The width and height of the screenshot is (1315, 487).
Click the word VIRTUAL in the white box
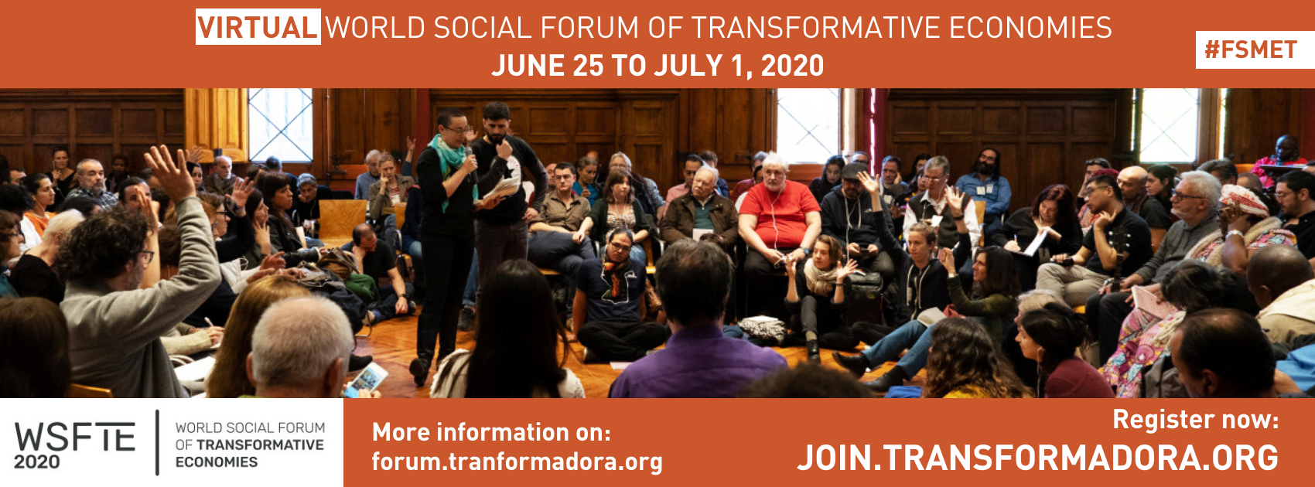[x=258, y=27]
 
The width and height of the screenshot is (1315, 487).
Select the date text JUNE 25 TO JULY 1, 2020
[x=657, y=65]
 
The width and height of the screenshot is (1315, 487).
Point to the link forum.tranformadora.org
[x=517, y=461]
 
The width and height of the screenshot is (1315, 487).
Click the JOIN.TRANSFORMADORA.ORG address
[x=1037, y=458]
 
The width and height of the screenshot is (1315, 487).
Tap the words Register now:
[x=1195, y=420]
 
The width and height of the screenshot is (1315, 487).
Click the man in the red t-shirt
[x=778, y=223]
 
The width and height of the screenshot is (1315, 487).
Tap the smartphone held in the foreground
[x=367, y=380]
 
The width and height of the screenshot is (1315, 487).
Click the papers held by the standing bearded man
[x=500, y=189]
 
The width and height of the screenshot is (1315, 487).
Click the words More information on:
[x=491, y=432]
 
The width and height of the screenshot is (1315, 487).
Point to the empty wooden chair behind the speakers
[x=342, y=218]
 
